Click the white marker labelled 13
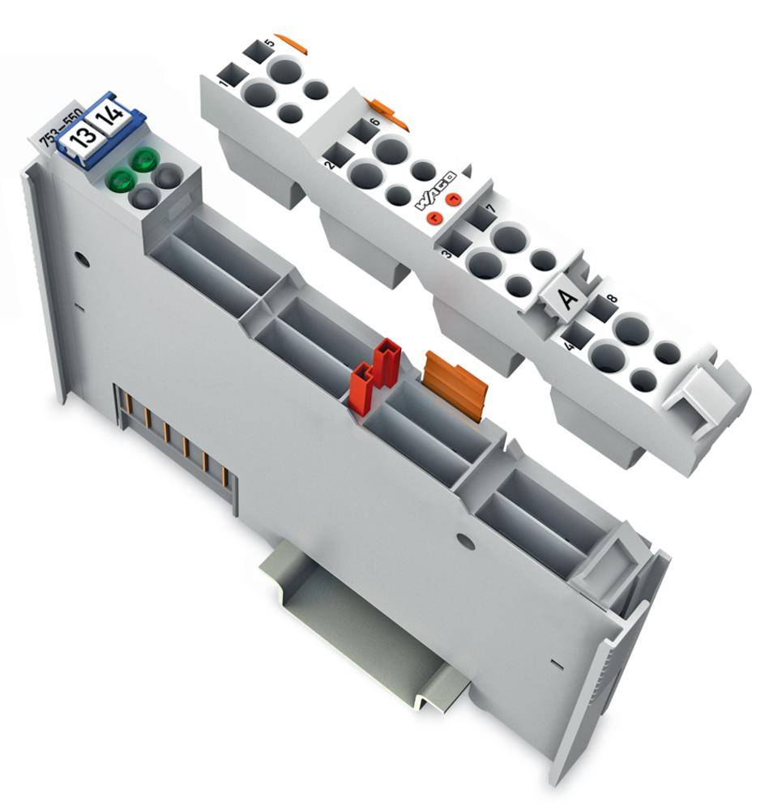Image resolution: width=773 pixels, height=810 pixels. [80, 139]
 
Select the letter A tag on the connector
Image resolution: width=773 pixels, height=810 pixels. [567, 298]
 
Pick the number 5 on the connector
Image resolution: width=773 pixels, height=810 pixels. [268, 41]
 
